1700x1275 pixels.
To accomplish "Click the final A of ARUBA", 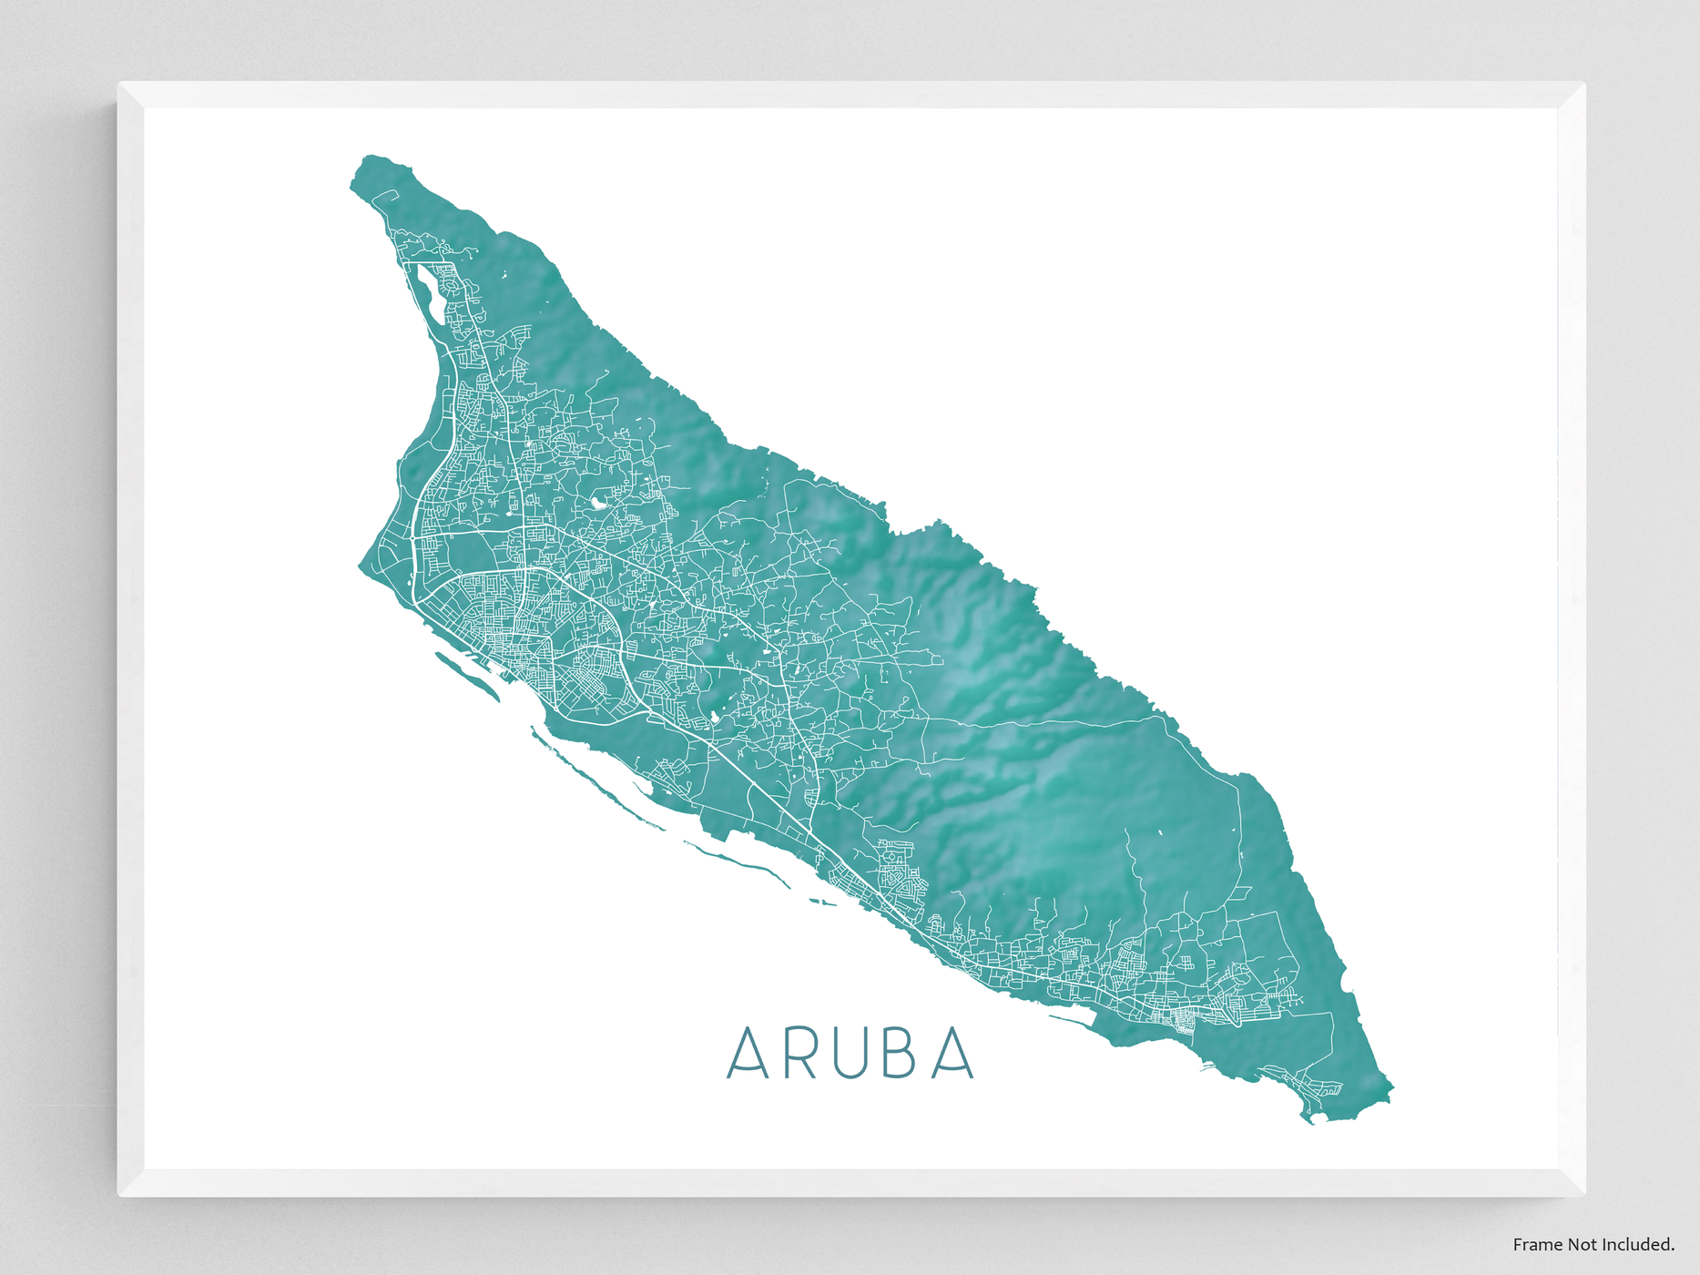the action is tap(954, 1054).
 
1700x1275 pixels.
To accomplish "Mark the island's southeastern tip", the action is tap(1311, 1120).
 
